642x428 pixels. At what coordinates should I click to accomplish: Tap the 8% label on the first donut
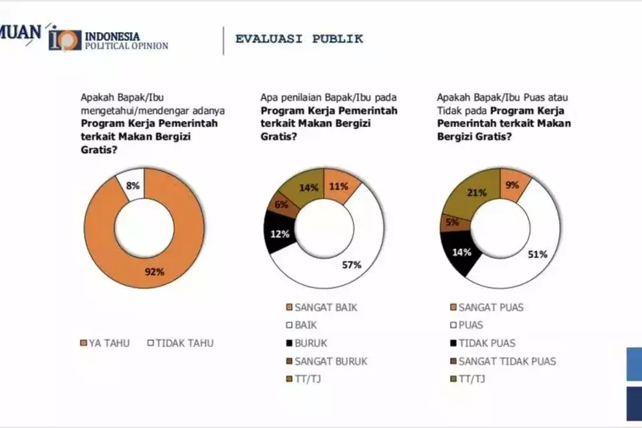(133, 185)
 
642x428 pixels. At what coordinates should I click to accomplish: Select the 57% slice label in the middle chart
(352, 265)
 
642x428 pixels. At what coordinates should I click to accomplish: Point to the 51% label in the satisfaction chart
(538, 254)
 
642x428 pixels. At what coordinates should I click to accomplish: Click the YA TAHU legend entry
(105, 343)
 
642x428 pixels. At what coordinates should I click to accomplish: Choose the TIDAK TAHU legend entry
(181, 343)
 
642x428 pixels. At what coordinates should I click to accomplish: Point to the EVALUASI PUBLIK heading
(299, 39)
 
